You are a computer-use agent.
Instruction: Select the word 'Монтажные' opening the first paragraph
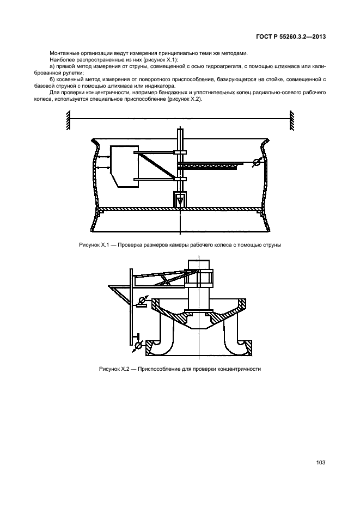click(x=62, y=53)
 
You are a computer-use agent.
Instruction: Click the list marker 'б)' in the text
click(x=51, y=80)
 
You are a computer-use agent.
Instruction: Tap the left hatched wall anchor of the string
click(x=68, y=120)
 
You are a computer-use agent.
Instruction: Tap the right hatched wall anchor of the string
click(x=292, y=120)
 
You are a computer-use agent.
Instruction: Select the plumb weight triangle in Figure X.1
click(x=179, y=201)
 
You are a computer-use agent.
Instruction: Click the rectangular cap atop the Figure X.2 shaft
click(x=196, y=266)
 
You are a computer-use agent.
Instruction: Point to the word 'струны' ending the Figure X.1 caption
click(x=272, y=246)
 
